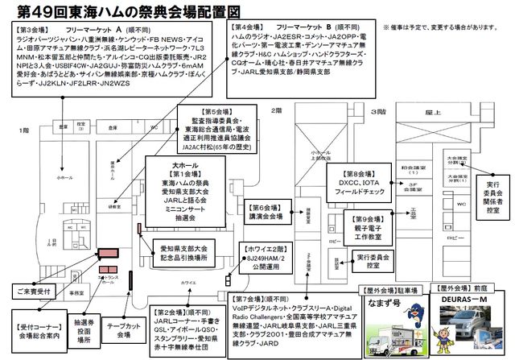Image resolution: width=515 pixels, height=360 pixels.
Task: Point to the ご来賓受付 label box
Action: point(30,291)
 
